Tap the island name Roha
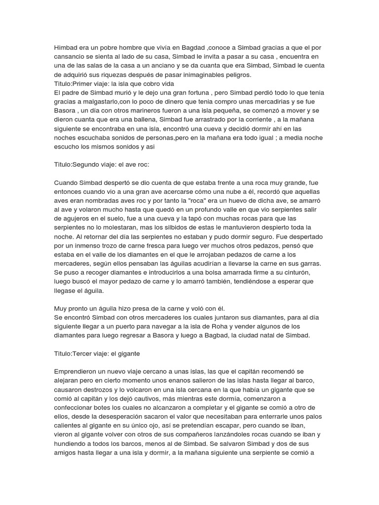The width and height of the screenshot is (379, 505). [259, 326]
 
